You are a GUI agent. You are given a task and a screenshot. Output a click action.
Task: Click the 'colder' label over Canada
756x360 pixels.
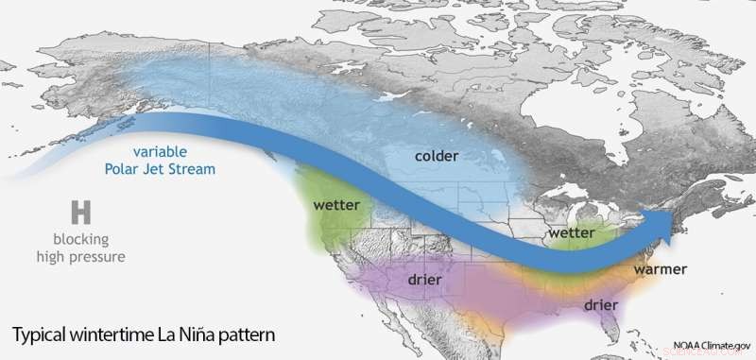pos(438,153)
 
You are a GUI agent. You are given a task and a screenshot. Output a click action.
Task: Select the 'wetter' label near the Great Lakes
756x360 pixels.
pos(571,232)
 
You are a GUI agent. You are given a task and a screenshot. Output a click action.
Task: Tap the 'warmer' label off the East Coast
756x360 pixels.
pos(661,270)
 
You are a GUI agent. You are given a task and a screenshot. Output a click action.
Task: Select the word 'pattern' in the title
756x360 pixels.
pos(253,335)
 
